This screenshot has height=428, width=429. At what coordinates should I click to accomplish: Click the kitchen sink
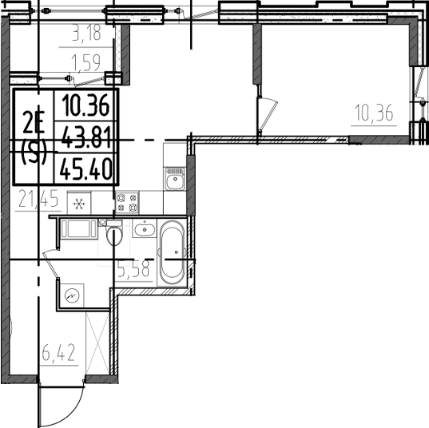click(174, 179)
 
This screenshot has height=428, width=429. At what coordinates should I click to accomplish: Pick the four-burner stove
click(127, 203)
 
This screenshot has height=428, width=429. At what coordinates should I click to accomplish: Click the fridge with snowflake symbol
click(78, 203)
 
